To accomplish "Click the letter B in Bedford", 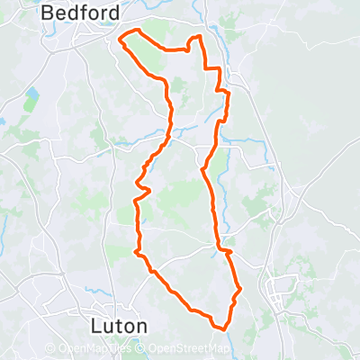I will coord(49,13).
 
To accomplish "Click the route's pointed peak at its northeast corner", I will coord(199,36).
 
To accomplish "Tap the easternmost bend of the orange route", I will coord(241,290).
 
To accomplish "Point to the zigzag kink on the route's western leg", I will coord(141,186).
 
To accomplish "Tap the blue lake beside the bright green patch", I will coord(32,94).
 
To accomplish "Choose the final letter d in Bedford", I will coord(114,13).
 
